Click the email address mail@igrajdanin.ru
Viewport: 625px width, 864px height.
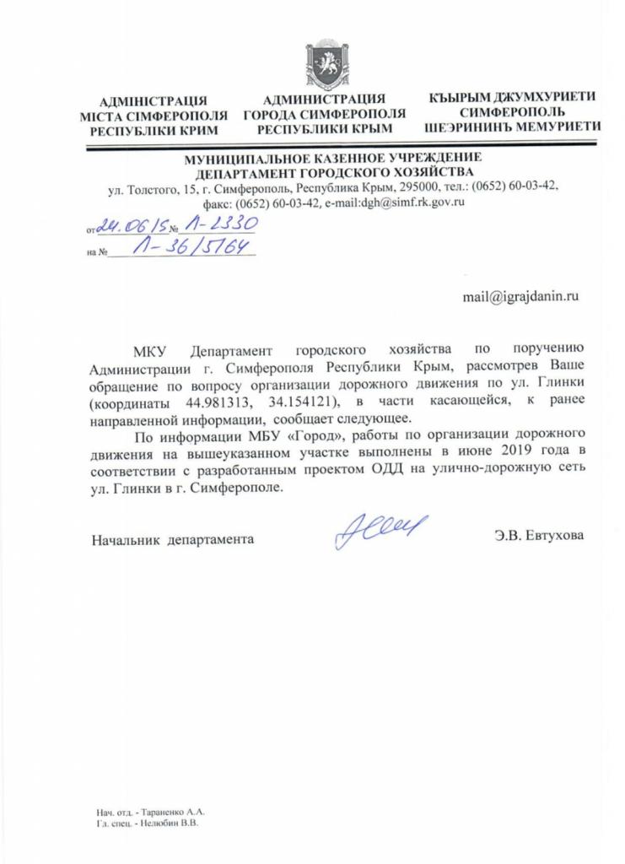pos(522,297)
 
